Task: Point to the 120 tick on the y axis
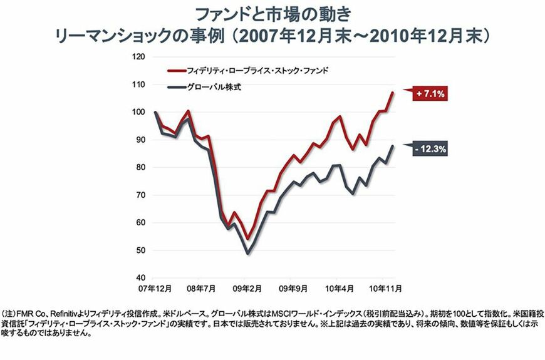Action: click(x=139, y=56)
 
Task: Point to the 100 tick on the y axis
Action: click(x=139, y=112)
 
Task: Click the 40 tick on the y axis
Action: click(x=141, y=278)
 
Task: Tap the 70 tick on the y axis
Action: click(x=141, y=195)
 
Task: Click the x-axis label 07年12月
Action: click(x=155, y=289)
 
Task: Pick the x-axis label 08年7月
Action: click(x=201, y=289)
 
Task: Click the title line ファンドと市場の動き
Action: click(x=272, y=14)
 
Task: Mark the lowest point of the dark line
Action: click(x=248, y=253)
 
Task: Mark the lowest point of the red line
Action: click(x=248, y=239)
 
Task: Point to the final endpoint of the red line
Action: click(x=393, y=92)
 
